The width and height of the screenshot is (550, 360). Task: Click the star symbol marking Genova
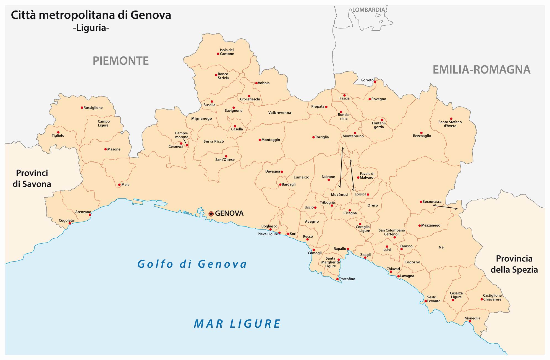(x=211, y=213)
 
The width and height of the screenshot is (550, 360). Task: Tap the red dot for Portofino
(x=337, y=279)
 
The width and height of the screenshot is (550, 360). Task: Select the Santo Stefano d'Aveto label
(x=450, y=124)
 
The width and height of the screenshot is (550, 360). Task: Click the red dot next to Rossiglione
(x=82, y=108)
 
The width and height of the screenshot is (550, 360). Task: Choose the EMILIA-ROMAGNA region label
(x=481, y=70)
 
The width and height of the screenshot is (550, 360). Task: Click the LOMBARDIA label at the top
(x=368, y=10)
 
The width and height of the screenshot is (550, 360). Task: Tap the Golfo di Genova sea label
(x=192, y=264)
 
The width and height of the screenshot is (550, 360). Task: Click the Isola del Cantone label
(x=227, y=52)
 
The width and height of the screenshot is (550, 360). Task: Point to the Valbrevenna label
(x=280, y=113)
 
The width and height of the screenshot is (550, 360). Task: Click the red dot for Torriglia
(x=313, y=137)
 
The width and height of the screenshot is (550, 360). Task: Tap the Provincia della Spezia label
(x=514, y=264)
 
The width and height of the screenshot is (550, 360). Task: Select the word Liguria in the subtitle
(x=91, y=28)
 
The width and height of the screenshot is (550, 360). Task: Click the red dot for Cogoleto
(x=70, y=223)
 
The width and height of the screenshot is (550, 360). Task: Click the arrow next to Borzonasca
(x=445, y=207)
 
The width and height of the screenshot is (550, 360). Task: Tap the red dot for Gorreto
(x=375, y=82)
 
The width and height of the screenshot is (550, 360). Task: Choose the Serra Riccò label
(x=214, y=141)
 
